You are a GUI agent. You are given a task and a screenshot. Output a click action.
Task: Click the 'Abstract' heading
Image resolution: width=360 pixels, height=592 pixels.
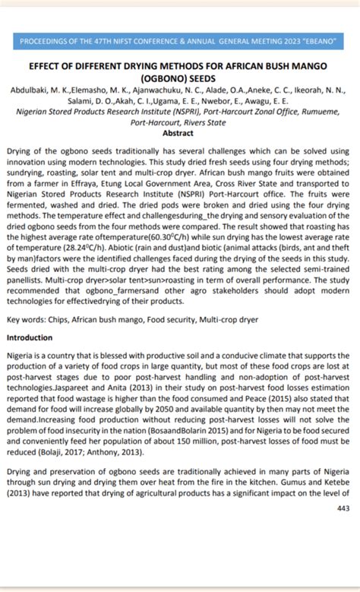(179, 132)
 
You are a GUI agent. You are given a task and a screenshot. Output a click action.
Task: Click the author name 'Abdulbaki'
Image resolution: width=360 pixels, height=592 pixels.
(30, 90)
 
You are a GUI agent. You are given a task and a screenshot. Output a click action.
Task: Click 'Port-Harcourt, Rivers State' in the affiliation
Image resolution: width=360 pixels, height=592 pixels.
(179, 122)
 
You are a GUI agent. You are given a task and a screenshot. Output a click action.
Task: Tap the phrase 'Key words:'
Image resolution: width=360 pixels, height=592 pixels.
(27, 321)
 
